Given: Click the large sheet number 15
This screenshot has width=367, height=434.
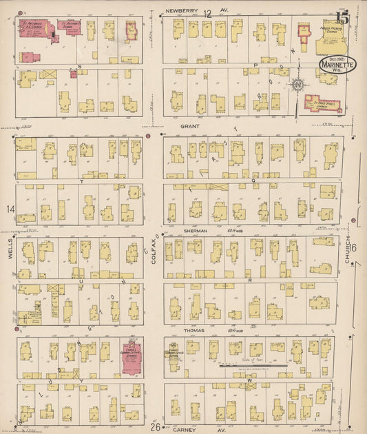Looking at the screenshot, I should (342, 18).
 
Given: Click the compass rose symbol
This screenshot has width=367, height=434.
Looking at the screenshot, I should (298, 85).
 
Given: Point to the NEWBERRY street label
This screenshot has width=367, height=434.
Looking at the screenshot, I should (181, 11).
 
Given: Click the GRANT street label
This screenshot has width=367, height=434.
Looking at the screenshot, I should (189, 127).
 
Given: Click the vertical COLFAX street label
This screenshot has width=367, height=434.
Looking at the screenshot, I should (153, 245).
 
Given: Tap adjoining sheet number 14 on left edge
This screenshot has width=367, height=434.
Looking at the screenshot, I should (10, 209).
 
